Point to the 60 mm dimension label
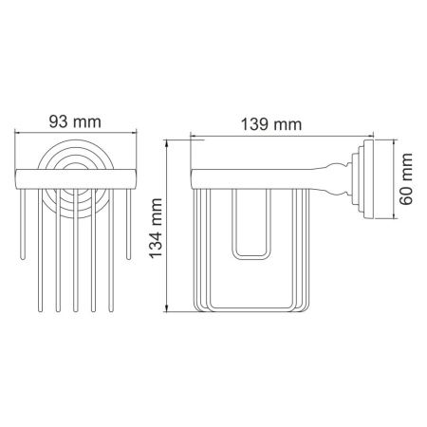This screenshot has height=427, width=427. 406,181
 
